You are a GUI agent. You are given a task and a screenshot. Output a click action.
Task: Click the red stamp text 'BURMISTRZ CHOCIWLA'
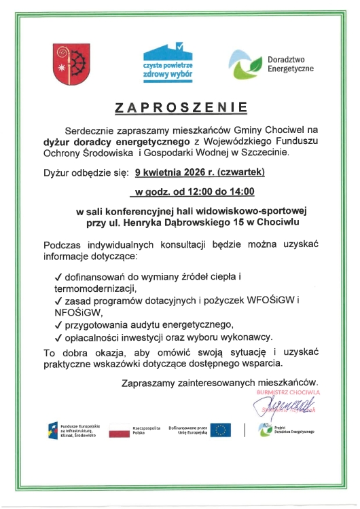pyautogui.click(x=288, y=392)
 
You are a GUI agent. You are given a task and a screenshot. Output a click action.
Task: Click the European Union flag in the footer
pyautogui.click(x=220, y=430)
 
